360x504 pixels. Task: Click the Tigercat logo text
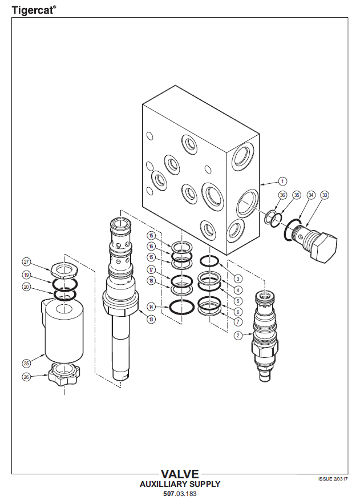34,10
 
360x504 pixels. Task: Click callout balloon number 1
282,182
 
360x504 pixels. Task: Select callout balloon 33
325,195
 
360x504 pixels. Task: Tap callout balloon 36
282,195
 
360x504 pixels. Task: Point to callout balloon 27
26,261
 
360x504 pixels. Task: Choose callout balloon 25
26,363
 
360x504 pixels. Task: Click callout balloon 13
151,319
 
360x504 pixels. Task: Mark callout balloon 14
151,307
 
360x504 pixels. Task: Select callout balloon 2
238,336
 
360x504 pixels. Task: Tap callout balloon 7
238,321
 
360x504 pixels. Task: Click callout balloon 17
151,269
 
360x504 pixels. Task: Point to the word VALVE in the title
180,474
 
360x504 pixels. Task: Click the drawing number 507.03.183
180,494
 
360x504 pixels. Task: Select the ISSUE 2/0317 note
333,479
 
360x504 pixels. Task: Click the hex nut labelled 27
65,269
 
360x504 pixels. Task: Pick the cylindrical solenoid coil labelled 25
63,332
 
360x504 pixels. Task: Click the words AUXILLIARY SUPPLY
180,484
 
